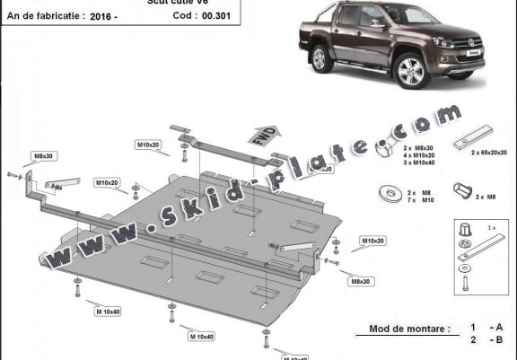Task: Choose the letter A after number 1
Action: coord(497,329)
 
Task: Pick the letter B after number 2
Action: coord(497,341)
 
